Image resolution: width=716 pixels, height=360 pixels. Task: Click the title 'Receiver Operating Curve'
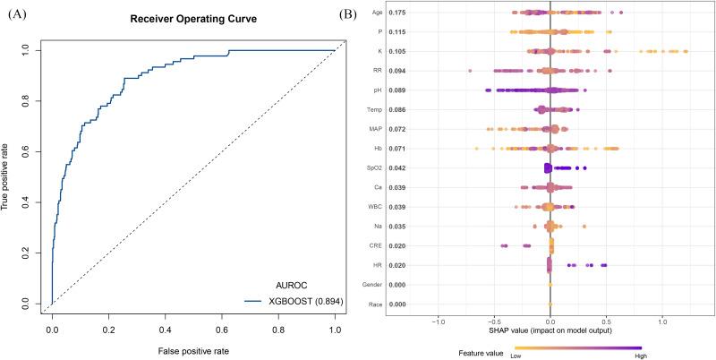tap(193, 20)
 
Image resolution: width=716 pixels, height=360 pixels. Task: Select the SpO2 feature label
tap(386, 167)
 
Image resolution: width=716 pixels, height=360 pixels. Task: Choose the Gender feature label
tap(383, 284)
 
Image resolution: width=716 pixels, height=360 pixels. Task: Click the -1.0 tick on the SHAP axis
tap(438, 321)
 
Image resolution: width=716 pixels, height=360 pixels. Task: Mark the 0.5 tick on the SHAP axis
tap(606, 321)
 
